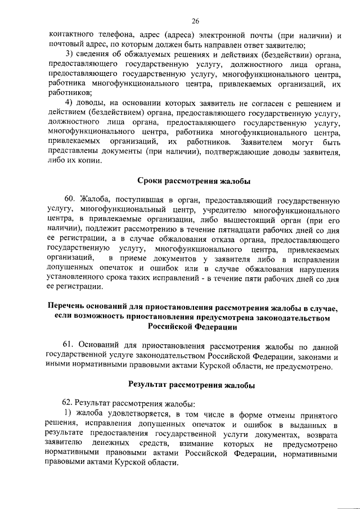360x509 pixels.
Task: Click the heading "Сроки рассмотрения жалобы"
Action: tap(194, 181)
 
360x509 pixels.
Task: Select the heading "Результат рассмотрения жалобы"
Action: tap(191, 385)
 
